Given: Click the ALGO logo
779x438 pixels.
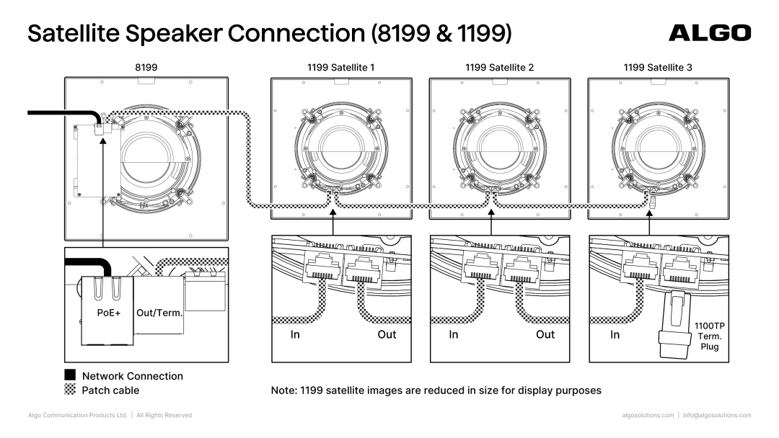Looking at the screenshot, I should (x=710, y=32).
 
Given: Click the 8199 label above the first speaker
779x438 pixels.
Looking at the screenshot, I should (x=146, y=67).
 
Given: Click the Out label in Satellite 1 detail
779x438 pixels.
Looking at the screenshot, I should (x=387, y=334).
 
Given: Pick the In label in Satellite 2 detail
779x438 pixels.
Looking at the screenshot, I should (x=454, y=334).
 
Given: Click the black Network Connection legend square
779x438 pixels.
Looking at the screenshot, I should (x=71, y=375).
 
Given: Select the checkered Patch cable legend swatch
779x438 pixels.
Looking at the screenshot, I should (x=71, y=390).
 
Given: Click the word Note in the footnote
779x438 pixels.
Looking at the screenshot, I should (x=284, y=390).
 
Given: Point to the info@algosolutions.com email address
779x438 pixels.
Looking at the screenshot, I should (x=717, y=415).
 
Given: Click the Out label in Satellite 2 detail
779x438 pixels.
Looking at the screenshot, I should (x=545, y=334).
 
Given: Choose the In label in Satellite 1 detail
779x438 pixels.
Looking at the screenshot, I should (x=295, y=334).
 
